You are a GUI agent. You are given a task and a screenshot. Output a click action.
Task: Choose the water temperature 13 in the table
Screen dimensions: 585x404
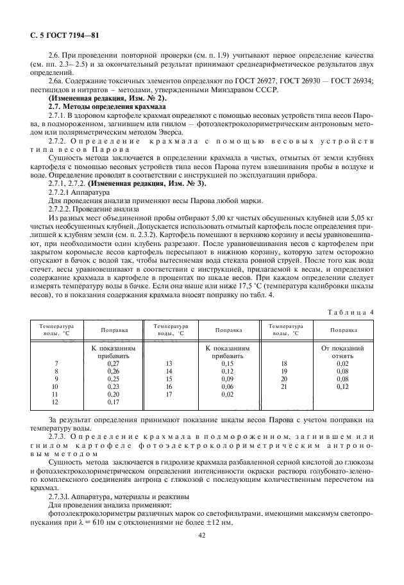click(x=169, y=363)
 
